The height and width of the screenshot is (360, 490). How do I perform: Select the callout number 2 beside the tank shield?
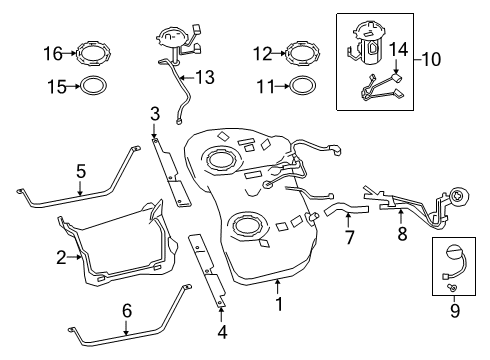(x=61, y=258)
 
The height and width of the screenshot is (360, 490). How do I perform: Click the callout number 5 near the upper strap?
(x=80, y=171)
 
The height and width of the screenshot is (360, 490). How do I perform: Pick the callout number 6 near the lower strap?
(x=126, y=311)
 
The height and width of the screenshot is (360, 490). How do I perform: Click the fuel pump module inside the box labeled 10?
(x=365, y=46)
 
